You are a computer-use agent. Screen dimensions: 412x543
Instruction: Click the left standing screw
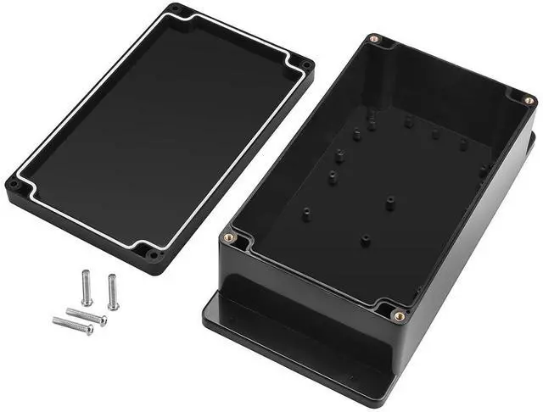[87, 287]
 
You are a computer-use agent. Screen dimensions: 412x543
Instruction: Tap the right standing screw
[112, 292]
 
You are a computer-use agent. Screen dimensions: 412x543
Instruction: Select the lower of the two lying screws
[71, 325]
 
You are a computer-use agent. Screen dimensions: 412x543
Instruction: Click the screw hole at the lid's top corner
[176, 9]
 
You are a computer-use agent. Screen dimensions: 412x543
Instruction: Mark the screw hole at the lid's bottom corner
[153, 253]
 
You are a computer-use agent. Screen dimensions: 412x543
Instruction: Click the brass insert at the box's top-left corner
[374, 39]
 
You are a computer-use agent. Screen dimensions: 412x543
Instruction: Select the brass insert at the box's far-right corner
[528, 100]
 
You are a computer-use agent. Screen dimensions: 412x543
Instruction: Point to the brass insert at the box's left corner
[227, 239]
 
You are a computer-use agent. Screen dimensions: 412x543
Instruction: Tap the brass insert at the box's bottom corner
[398, 316]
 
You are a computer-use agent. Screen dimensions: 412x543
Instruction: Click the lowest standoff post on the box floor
[365, 241]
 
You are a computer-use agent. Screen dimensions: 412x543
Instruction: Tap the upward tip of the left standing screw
[85, 273]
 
